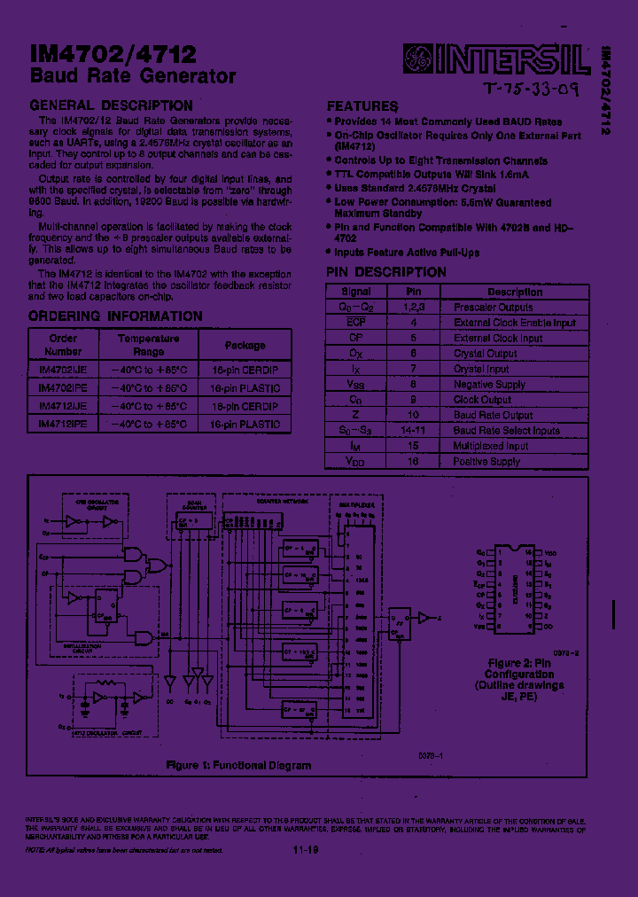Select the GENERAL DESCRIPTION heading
pos(111,105)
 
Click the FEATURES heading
pos(362,105)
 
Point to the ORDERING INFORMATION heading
pos(115,316)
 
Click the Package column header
pos(245,345)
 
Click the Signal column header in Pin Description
pos(356,292)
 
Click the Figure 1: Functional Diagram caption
pos(239,765)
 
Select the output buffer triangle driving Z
pos(424,616)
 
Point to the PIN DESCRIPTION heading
pos(386,272)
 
